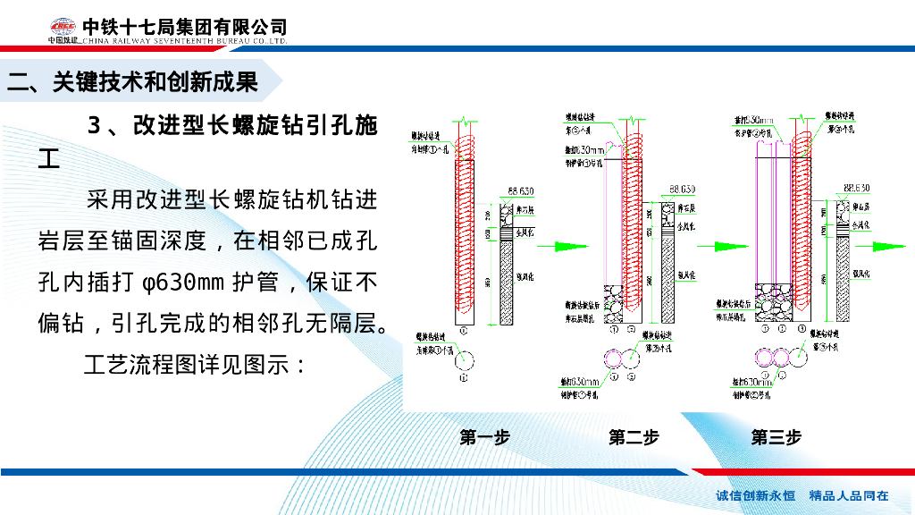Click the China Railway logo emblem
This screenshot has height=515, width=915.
[63, 29]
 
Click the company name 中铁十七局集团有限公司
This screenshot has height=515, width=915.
[185, 28]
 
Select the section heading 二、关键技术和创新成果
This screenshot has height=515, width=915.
[132, 82]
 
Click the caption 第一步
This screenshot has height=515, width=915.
[484, 437]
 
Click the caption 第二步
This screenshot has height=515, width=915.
[634, 437]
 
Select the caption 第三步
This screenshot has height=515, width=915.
[776, 437]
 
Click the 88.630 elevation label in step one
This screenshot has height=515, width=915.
[520, 190]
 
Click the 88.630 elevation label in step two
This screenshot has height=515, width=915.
[682, 190]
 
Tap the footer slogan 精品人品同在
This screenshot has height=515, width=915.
[848, 495]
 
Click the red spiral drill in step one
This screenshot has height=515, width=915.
[466, 224]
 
